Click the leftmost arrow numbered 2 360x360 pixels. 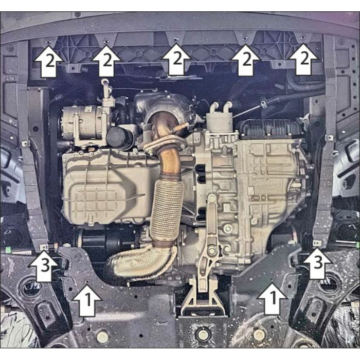pos(48,61)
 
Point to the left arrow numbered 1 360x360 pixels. pos(86,300)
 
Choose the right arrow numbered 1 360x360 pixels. pos(272,298)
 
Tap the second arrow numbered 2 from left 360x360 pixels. pos(106,61)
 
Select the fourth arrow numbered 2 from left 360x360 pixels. pos(246,60)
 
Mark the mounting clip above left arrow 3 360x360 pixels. pos(44,247)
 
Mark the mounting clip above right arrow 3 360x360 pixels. pos(317,243)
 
